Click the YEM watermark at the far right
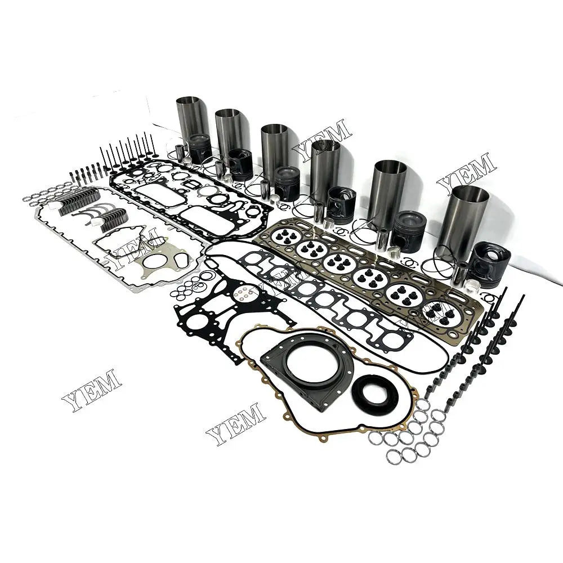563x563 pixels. [467, 174]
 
